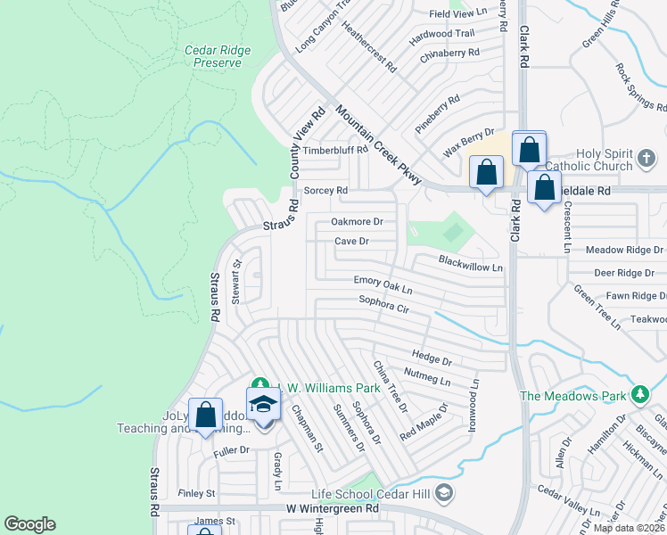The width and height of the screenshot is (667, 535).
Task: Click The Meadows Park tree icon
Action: [x=638, y=395]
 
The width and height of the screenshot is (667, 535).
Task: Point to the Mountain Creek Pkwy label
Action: [x=379, y=144]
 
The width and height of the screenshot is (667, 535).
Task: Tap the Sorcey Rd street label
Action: [x=325, y=191]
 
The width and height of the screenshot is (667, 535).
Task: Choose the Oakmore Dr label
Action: [x=357, y=221]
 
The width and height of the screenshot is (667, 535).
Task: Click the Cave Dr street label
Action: [x=351, y=241]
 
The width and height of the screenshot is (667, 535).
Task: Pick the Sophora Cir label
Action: [x=383, y=304]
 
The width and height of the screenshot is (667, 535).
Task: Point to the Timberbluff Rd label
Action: [x=335, y=150]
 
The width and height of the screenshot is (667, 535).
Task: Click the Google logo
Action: [x=29, y=524]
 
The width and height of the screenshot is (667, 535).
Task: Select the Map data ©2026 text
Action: [x=628, y=528]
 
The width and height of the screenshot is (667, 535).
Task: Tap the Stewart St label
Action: [x=236, y=283]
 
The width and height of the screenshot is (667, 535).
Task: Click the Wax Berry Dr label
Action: [x=469, y=141]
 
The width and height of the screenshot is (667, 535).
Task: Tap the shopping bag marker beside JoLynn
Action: [x=206, y=416]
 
